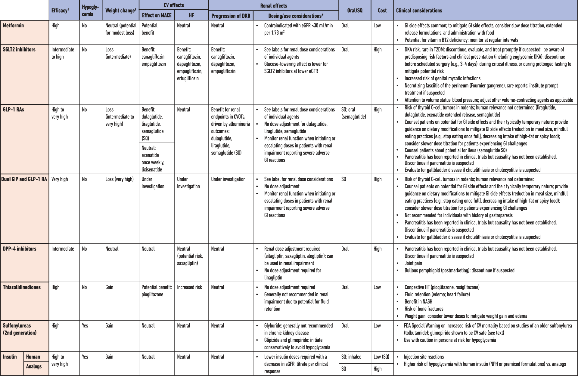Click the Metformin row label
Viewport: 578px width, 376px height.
pos(13,26)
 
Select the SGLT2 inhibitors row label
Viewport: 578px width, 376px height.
pos(19,50)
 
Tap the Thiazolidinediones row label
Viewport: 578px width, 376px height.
pos(22,287)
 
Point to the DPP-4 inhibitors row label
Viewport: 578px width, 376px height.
pos(20,249)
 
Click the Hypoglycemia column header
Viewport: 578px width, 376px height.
pos(90,11)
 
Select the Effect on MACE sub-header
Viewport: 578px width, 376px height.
pos(157,15)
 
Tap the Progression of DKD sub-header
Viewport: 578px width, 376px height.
pos(231,16)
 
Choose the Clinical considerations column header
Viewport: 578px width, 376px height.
pos(419,11)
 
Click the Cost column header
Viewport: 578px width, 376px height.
pos(382,11)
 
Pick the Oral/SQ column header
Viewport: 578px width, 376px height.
pos(355,11)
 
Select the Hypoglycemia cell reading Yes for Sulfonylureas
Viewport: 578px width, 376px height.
pos(85,326)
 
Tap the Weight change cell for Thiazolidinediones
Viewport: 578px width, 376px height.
pos(109,287)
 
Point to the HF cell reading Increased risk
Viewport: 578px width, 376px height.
pos(189,287)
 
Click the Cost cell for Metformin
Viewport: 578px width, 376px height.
pos(377,26)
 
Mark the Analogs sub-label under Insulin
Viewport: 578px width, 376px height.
pos(34,366)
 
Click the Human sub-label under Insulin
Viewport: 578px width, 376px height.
pos(33,357)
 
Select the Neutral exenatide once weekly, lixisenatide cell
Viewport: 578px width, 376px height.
pos(153,159)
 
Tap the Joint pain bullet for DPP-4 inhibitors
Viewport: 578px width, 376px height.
pos(413,263)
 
